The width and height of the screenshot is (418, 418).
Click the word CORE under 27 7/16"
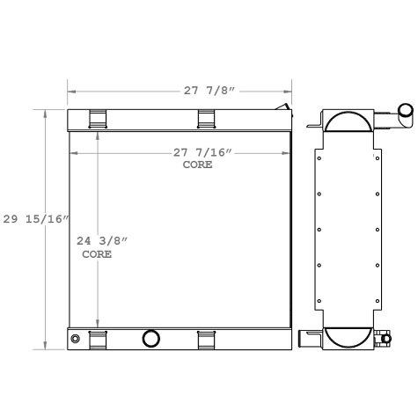[x=197, y=165]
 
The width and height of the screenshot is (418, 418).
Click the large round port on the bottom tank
[x=150, y=338]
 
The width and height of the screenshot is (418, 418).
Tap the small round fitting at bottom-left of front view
[x=75, y=339]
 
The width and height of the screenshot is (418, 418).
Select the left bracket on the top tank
[x=98, y=119]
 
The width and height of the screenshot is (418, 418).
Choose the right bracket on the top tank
[x=207, y=119]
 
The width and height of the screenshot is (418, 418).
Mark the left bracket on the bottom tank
[x=98, y=338]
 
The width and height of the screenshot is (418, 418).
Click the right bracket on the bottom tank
[x=207, y=338]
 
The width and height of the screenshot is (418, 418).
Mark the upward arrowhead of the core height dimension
[x=98, y=137]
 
